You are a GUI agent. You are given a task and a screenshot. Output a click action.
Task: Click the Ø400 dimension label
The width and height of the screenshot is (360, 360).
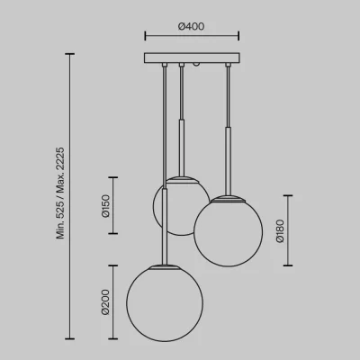pyautogui.click(x=192, y=26)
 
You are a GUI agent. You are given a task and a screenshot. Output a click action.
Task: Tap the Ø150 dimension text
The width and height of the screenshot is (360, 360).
pyautogui.click(x=106, y=206)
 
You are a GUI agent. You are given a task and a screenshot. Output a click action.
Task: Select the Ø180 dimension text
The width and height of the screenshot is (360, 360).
pyautogui.click(x=280, y=231)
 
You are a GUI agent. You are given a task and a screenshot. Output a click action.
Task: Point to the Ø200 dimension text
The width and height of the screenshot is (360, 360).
pyautogui.click(x=105, y=302)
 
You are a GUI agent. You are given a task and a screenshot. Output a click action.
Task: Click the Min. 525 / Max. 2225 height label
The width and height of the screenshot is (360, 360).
pyautogui.click(x=60, y=193)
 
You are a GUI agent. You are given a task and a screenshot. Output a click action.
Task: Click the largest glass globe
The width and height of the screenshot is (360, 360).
pyautogui.click(x=165, y=303)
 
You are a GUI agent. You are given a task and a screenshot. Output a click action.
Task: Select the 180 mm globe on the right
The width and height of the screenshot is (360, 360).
pyautogui.click(x=229, y=231)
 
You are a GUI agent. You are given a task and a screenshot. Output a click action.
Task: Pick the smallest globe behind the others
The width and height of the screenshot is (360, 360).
pyautogui.click(x=181, y=206)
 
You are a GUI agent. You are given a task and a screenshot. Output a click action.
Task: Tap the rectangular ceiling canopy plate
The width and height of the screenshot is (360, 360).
pyautogui.click(x=192, y=58)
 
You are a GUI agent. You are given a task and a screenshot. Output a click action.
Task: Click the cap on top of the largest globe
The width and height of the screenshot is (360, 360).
pyautogui.click(x=165, y=266)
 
